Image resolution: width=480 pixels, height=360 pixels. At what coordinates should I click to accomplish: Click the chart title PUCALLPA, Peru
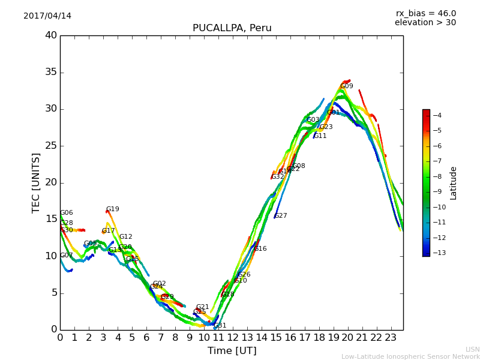click(232, 28)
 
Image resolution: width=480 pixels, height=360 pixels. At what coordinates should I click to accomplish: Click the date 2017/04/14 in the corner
click(47, 16)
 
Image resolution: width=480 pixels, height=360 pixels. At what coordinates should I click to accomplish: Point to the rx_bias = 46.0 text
click(425, 14)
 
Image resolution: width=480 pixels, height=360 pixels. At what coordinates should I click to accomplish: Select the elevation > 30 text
click(425, 23)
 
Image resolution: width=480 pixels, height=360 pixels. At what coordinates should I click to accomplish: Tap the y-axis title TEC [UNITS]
click(36, 182)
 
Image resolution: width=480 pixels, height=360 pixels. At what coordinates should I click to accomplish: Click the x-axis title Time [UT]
click(232, 351)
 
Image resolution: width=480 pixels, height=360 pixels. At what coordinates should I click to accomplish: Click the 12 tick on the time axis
click(233, 338)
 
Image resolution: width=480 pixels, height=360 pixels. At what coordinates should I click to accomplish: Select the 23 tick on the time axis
click(391, 338)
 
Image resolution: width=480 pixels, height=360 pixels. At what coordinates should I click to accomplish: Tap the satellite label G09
click(347, 86)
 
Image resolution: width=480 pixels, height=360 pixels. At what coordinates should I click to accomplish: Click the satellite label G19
click(113, 209)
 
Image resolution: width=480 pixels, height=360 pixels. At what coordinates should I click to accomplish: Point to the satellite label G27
click(281, 216)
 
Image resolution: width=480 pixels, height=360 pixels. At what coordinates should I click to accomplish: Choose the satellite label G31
click(220, 325)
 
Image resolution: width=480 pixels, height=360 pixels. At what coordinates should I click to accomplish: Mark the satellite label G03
click(313, 120)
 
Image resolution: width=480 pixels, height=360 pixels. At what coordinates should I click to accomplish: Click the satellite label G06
click(66, 213)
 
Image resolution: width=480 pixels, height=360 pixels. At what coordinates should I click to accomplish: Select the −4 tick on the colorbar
click(437, 115)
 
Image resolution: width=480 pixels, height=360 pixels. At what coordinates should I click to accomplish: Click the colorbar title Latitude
click(454, 183)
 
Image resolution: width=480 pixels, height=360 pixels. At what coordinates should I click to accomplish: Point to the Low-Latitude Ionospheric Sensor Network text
click(410, 356)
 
